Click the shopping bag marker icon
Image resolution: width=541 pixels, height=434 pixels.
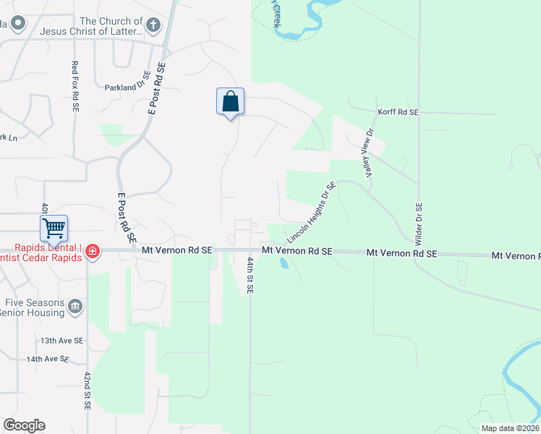(230, 101)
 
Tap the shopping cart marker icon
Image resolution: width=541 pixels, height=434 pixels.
(54, 229)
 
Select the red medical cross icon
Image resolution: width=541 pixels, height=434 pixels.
(93, 252)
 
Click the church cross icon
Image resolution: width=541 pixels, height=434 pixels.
(153, 26)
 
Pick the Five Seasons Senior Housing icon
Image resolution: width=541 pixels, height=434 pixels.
(75, 308)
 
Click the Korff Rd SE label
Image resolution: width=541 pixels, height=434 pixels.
(399, 113)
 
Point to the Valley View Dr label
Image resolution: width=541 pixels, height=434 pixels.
(367, 152)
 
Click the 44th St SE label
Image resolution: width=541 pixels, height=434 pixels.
(250, 276)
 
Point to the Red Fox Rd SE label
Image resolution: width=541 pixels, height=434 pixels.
(74, 85)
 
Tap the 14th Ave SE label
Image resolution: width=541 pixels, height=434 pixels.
(48, 359)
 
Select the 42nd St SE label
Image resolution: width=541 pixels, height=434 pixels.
(87, 391)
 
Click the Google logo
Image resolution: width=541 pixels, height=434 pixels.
(24, 425)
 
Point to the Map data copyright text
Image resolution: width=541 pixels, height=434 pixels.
(511, 428)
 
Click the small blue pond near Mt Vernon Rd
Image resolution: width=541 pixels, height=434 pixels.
(284, 263)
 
